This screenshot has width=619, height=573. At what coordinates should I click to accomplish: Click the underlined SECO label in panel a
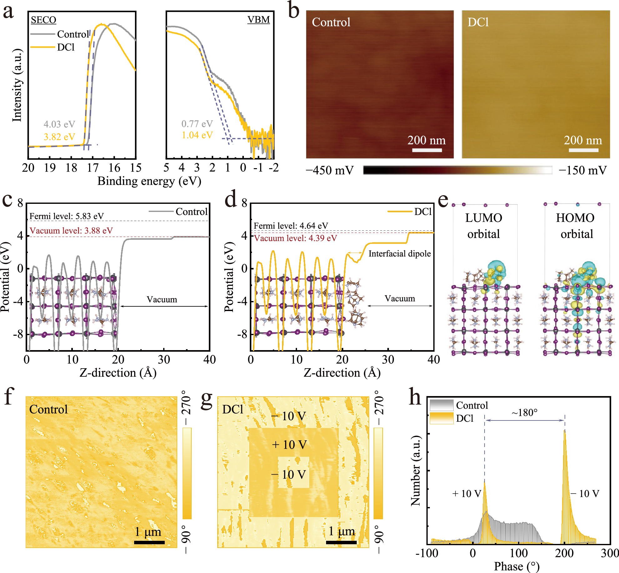[43, 20]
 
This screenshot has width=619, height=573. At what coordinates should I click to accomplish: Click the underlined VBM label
[259, 20]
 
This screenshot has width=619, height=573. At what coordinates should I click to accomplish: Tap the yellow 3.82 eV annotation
[59, 137]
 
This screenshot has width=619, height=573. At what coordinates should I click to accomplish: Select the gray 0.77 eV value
[197, 124]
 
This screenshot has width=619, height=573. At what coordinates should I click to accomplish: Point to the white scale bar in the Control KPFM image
[427, 150]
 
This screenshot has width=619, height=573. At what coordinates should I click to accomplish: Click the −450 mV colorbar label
[330, 170]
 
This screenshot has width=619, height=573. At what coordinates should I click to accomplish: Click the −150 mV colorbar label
[583, 170]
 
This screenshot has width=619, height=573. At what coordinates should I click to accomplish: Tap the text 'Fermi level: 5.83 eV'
[66, 216]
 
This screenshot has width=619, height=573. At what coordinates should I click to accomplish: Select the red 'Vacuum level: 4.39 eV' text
[295, 238]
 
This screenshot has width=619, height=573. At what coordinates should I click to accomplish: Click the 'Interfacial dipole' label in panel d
[400, 254]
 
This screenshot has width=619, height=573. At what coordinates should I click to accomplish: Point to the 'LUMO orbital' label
[484, 226]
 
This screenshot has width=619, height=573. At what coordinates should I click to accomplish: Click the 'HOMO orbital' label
[576, 226]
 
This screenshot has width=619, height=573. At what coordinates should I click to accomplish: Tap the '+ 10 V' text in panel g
[289, 445]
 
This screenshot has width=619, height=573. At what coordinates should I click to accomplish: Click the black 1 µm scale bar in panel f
[149, 542]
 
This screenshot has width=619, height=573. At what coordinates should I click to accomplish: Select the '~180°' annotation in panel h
[525, 413]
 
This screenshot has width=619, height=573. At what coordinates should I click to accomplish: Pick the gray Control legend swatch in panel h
[441, 405]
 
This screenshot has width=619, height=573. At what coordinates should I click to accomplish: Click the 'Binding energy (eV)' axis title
[149, 181]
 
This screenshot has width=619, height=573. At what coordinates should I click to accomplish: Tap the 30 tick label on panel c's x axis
[164, 359]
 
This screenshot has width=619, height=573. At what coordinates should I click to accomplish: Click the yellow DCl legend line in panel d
[400, 212]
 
